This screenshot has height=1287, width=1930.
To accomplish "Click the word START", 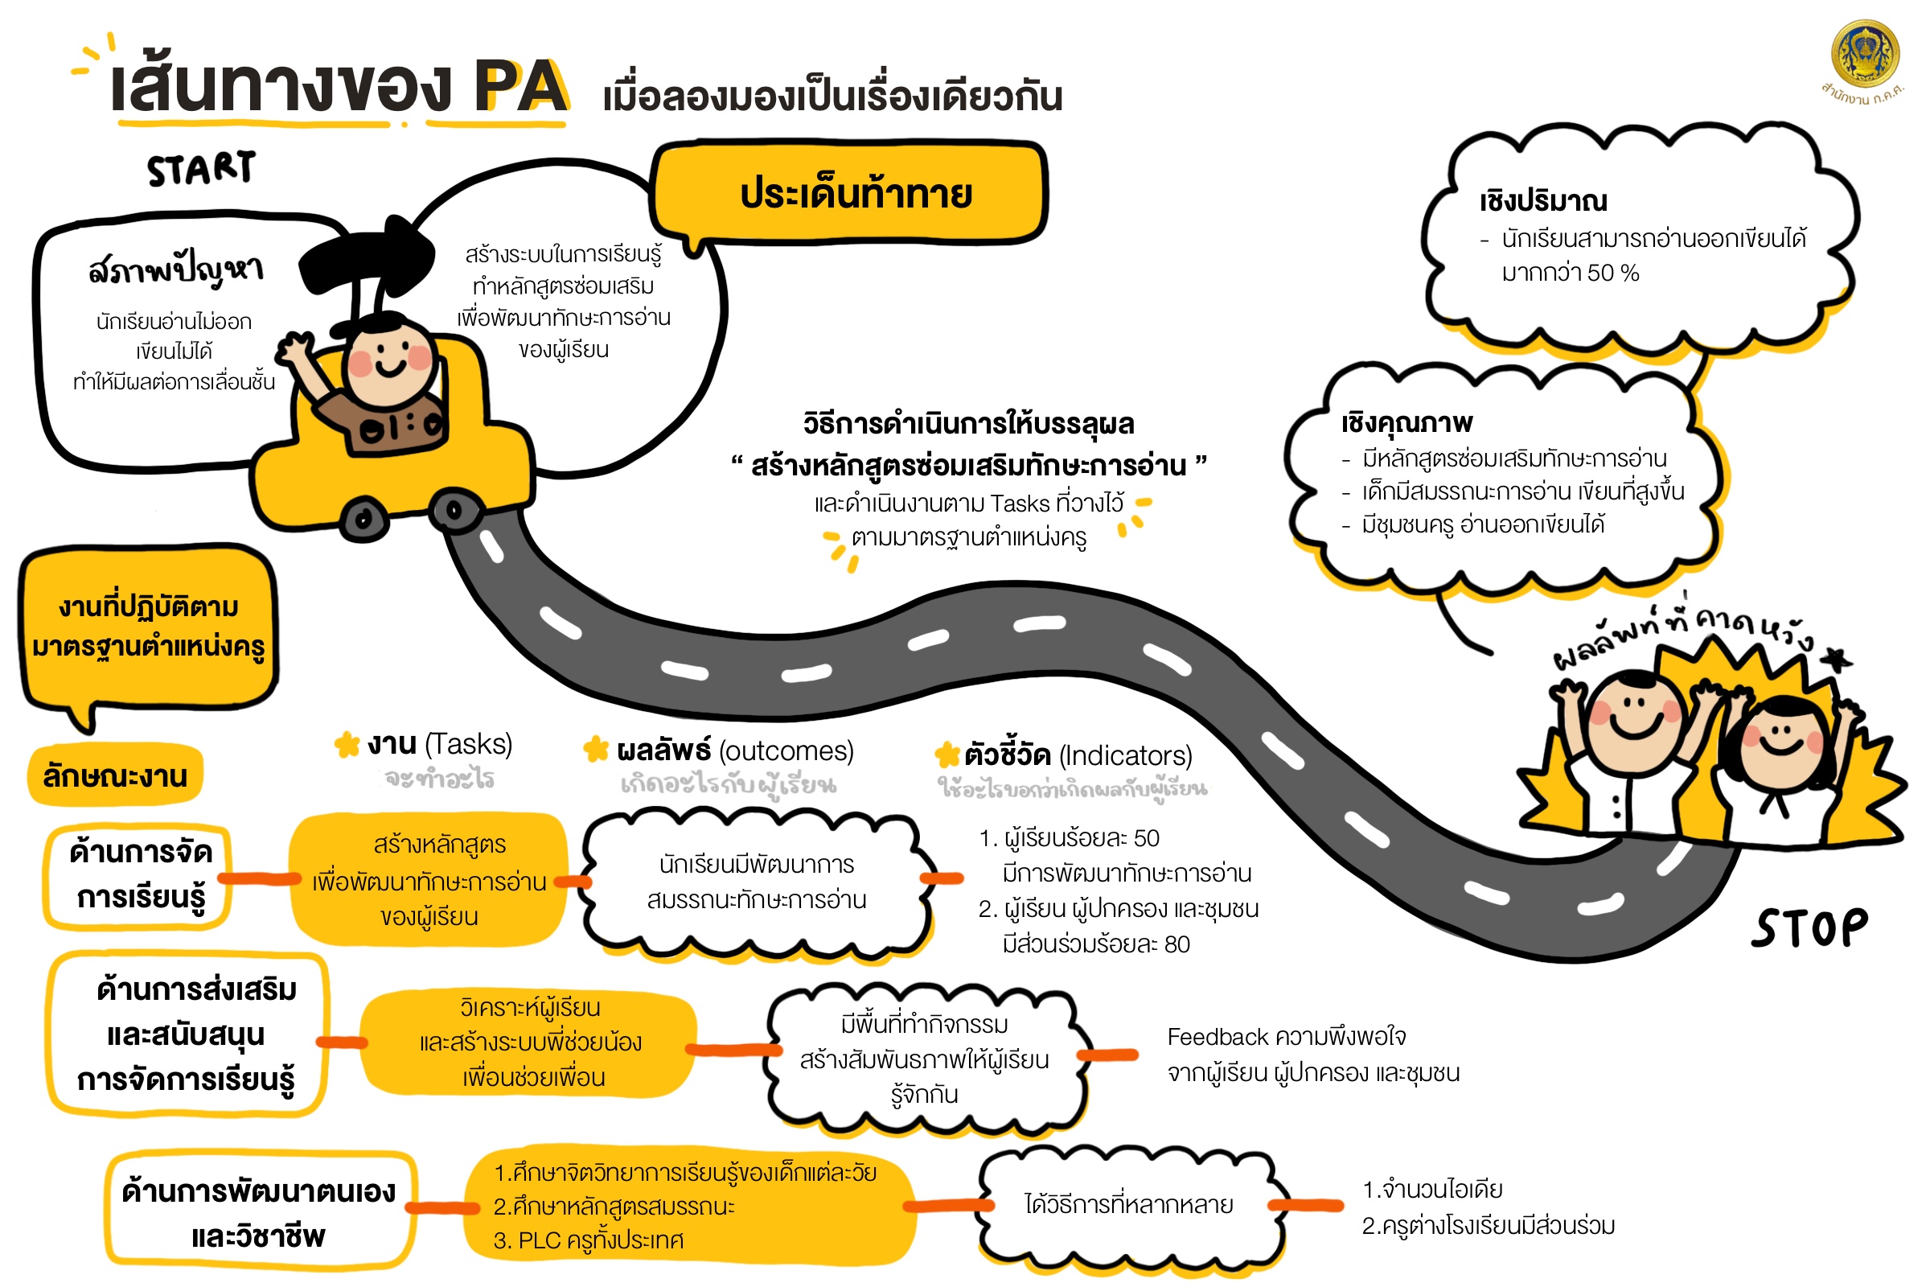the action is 201,168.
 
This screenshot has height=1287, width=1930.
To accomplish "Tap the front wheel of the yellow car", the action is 453,511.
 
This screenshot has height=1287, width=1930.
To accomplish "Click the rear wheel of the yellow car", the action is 363,518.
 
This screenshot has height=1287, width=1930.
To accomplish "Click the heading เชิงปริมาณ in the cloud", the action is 1543,201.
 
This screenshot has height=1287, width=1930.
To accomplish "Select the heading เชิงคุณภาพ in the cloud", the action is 1406,424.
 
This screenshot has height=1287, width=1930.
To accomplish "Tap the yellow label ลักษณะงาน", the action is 115,775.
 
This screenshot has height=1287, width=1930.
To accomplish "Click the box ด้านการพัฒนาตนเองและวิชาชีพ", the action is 258,1211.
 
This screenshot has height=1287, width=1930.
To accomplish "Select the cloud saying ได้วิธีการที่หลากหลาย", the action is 1129,1205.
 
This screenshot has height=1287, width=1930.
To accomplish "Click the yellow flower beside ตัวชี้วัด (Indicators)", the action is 948,755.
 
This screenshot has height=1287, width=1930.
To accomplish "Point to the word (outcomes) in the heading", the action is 786,751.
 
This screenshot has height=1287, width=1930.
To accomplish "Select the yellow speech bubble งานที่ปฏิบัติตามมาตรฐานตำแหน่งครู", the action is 149,628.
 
